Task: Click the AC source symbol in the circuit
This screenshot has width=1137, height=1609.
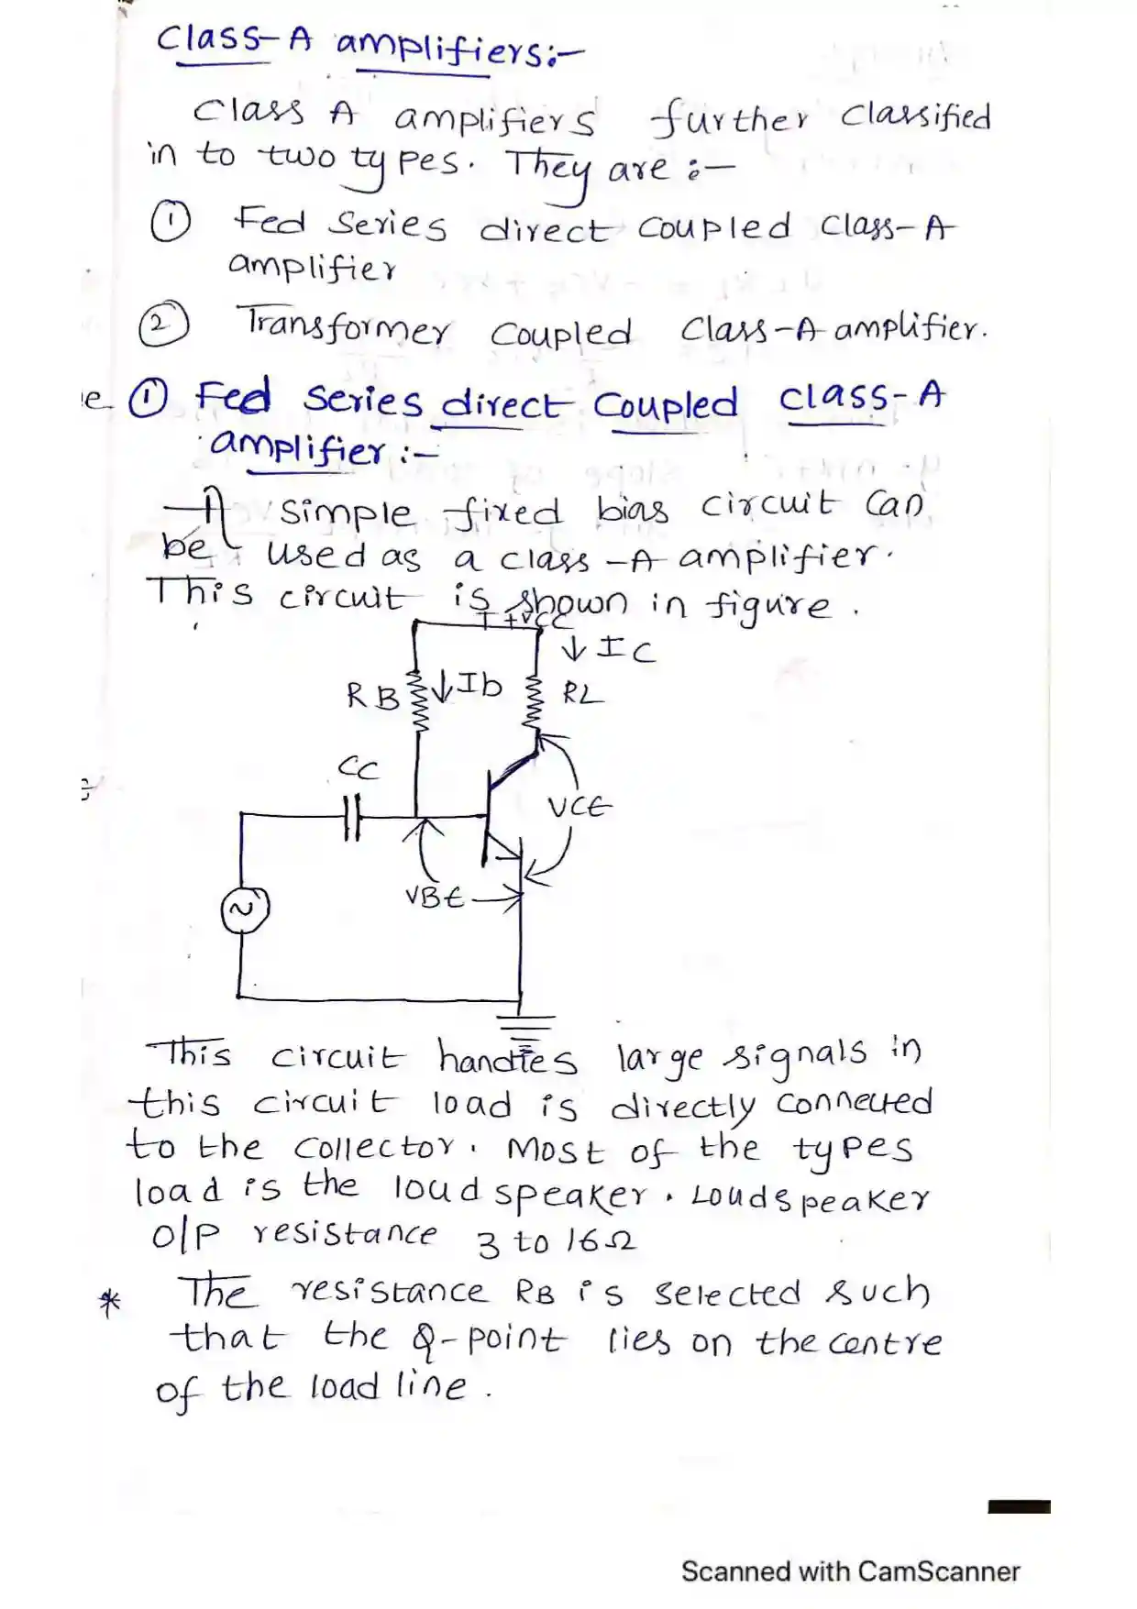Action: point(245,909)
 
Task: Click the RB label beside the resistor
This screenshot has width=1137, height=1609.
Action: point(372,697)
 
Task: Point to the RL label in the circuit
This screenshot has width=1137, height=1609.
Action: point(582,694)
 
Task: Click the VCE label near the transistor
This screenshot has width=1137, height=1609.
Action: point(579,808)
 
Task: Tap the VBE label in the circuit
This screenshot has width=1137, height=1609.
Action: point(434,897)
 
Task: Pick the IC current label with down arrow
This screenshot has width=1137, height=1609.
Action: point(609,649)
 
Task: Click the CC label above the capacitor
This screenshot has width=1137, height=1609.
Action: point(358,766)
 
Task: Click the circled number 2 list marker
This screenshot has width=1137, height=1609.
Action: point(163,325)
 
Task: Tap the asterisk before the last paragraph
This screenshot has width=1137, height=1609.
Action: point(110,1302)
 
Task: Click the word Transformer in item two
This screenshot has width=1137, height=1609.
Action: point(344,326)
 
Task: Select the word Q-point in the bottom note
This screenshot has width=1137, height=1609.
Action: point(488,1341)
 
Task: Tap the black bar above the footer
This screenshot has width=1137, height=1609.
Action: point(1019,1506)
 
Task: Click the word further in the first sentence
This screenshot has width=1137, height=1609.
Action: point(730,119)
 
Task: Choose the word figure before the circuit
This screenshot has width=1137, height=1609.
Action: point(768,607)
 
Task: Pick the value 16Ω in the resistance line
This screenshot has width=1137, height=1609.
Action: point(600,1241)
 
